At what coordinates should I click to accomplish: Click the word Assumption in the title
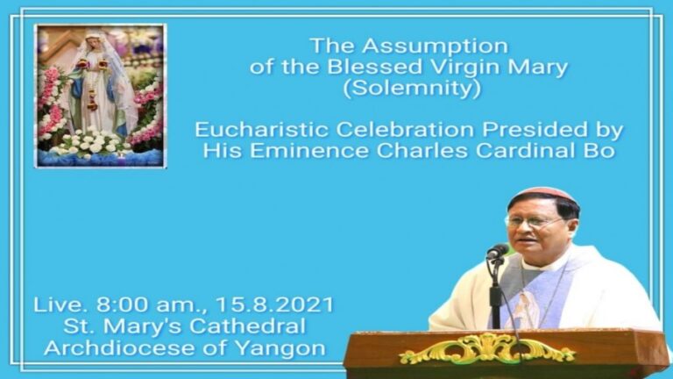435,46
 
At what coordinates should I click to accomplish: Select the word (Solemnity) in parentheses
412,89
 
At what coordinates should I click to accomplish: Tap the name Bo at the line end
600,151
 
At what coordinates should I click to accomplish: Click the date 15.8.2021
274,305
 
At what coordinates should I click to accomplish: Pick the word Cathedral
247,326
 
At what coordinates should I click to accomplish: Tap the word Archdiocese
119,347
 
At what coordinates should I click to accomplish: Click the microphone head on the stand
498,252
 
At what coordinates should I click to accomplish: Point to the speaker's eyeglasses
535,222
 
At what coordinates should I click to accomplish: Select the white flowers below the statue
91,142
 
